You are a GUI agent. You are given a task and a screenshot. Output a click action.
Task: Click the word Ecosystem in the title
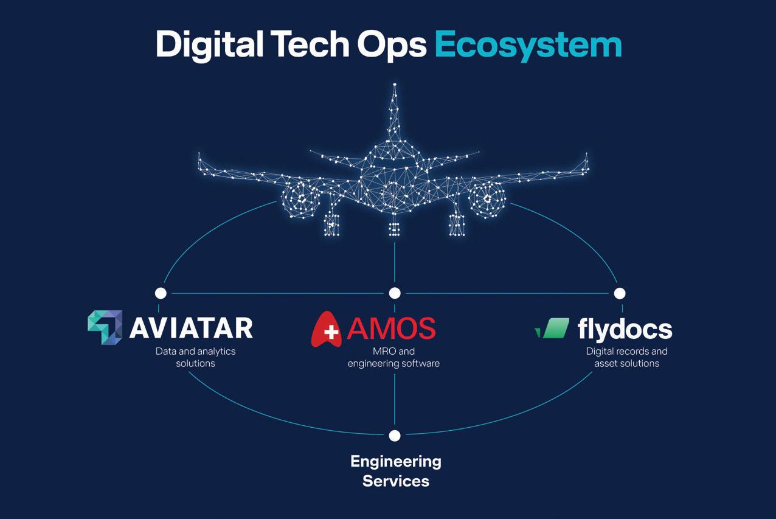pyautogui.click(x=528, y=45)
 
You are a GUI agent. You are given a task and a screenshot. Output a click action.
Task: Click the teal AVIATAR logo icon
pyautogui.click(x=105, y=327)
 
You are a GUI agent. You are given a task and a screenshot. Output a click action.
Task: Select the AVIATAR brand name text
pyautogui.click(x=191, y=327)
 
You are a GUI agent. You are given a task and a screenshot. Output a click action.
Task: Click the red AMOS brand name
pyautogui.click(x=391, y=327)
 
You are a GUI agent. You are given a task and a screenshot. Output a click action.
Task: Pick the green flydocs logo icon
pyautogui.click(x=553, y=328)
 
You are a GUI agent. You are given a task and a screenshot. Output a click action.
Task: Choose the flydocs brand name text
pyautogui.click(x=625, y=329)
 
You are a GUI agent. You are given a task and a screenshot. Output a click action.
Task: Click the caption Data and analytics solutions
pyautogui.click(x=195, y=357)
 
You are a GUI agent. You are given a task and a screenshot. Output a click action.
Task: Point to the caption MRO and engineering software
pyautogui.click(x=393, y=357)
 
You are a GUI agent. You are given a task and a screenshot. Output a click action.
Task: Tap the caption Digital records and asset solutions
pyautogui.click(x=626, y=357)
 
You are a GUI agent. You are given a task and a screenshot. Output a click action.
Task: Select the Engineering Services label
pyautogui.click(x=395, y=471)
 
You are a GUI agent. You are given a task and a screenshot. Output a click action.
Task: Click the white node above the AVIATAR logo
pyautogui.click(x=161, y=293)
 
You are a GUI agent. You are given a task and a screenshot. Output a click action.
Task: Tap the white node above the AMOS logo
pyautogui.click(x=395, y=293)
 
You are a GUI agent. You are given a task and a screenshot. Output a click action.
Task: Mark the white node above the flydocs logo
pyautogui.click(x=619, y=293)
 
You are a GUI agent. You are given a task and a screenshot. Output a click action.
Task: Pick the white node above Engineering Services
pyautogui.click(x=395, y=436)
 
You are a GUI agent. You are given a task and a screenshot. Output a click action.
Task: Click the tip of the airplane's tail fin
pyautogui.click(x=395, y=85)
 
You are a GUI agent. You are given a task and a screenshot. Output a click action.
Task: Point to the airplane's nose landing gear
pyautogui.click(x=395, y=228)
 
